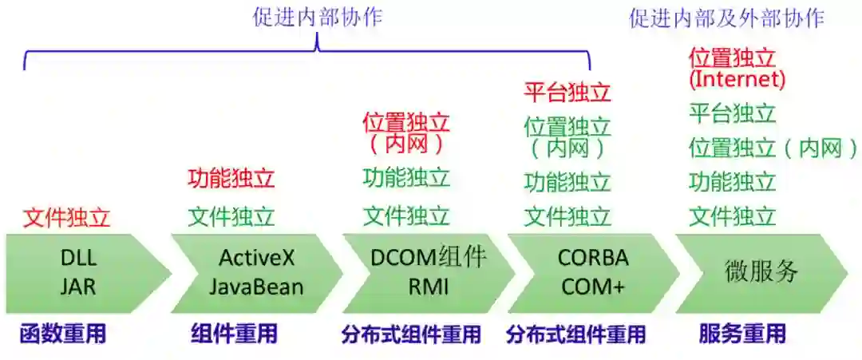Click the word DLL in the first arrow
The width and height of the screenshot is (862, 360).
tap(77, 259)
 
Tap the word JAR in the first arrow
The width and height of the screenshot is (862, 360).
tap(77, 287)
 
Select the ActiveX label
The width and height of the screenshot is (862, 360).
tap(256, 259)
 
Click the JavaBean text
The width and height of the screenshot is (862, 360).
tap(256, 287)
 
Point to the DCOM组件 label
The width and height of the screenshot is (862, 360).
tap(429, 257)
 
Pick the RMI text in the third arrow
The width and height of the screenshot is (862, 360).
tap(429, 287)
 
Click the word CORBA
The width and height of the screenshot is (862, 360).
tap(593, 259)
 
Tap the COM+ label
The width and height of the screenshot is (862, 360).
tap(593, 287)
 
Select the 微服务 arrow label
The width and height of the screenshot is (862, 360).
tap(761, 271)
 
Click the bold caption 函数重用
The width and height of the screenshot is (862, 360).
tap(63, 334)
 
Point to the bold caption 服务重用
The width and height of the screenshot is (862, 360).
tap(742, 334)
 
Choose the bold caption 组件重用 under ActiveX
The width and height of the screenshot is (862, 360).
tap(234, 334)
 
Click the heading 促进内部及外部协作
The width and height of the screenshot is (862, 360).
tap(726, 18)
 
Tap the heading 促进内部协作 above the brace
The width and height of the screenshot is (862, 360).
tap(318, 18)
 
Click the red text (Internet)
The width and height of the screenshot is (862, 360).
tap(737, 79)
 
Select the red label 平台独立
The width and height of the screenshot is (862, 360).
tap(567, 93)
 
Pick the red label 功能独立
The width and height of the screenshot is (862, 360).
tap(231, 178)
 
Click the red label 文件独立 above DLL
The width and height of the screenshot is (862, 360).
tap(66, 217)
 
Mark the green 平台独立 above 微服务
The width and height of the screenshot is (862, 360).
tap(733, 113)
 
